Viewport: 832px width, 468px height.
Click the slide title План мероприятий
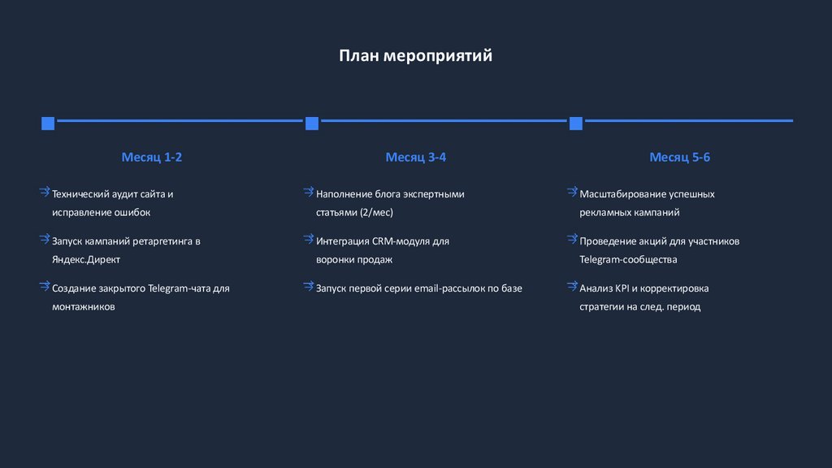click(x=415, y=56)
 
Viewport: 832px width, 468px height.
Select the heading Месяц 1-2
click(x=152, y=157)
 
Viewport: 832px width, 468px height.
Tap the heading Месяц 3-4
click(x=415, y=157)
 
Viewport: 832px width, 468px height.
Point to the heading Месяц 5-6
click(x=679, y=157)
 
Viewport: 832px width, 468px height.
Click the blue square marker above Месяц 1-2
click(x=48, y=123)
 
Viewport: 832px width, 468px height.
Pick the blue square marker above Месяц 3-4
click(x=312, y=123)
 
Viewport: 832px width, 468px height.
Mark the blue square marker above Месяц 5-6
click(x=576, y=123)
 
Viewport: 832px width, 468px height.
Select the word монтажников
click(x=84, y=306)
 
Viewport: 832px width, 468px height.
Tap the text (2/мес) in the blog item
click(x=376, y=212)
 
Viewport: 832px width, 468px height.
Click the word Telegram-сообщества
click(x=628, y=259)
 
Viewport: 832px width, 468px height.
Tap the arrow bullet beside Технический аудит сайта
click(x=44, y=193)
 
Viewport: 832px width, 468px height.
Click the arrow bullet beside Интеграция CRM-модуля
click(x=308, y=240)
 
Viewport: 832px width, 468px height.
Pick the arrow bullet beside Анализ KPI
click(x=572, y=287)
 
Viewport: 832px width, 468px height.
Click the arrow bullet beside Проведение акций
click(x=572, y=240)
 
